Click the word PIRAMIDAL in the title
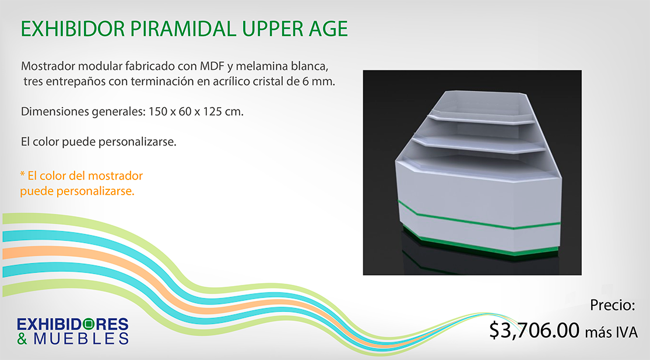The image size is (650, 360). [x=183, y=29]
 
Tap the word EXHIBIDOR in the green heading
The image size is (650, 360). [x=72, y=29]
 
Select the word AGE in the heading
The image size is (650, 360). [x=328, y=29]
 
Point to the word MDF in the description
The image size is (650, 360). [x=212, y=66]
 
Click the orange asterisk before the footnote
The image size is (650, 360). [x=22, y=174]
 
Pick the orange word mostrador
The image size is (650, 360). [x=115, y=176]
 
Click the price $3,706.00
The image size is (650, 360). [x=534, y=330]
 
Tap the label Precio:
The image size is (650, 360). [x=613, y=305]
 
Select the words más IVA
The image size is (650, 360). [x=611, y=332]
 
